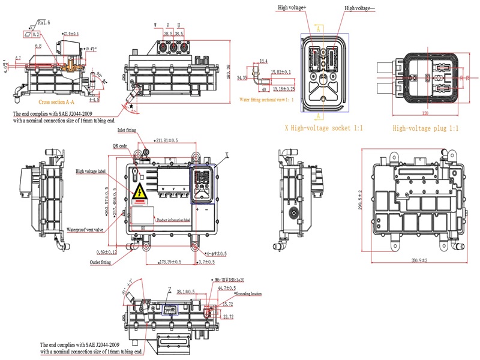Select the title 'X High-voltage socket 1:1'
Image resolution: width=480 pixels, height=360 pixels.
pos(323,128)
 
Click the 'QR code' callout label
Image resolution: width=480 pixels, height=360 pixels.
pos(119,146)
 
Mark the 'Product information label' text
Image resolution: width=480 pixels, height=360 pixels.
pos(173,220)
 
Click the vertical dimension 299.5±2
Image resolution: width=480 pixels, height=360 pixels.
pos(361,200)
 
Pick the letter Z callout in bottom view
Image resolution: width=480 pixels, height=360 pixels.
pos(170,289)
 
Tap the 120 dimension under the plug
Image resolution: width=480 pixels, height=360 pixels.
pos(425,113)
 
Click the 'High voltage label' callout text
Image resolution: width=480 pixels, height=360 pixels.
pos(91,172)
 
